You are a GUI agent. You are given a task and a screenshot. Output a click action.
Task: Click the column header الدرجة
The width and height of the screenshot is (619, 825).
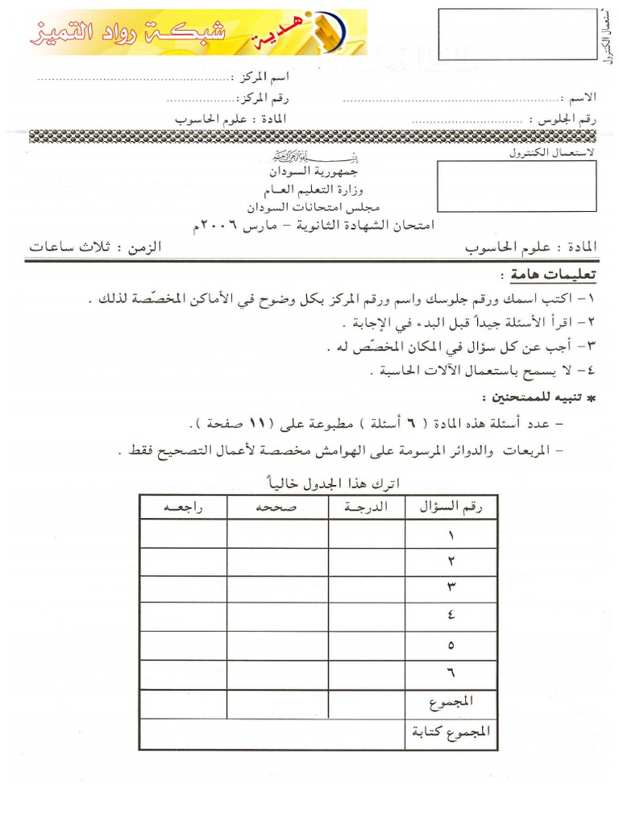point(367,507)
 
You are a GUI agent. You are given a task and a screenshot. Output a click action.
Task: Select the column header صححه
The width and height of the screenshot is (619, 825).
point(277,507)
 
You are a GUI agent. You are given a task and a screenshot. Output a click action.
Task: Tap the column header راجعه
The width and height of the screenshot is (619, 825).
point(183,507)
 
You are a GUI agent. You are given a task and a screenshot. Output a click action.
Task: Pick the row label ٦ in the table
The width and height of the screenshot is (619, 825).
point(451,673)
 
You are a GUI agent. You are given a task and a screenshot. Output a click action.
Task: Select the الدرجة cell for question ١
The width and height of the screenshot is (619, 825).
point(367,534)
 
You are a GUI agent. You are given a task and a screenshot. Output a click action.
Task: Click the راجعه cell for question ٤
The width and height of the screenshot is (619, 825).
point(183,617)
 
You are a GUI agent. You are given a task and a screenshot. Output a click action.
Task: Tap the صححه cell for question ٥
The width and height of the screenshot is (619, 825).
point(277,645)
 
